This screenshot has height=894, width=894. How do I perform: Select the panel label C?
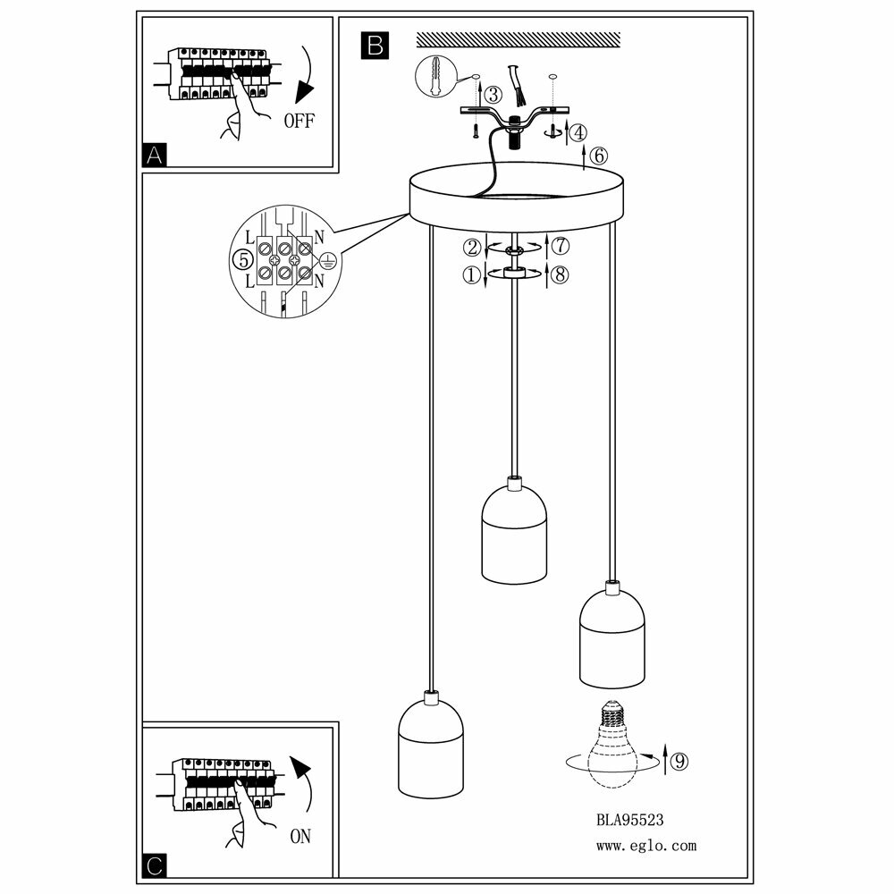[155, 864]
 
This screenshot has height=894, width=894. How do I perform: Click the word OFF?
[299, 121]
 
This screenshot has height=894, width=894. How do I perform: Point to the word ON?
[300, 838]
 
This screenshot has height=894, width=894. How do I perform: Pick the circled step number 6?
[598, 155]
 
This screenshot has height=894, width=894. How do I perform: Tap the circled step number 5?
[240, 260]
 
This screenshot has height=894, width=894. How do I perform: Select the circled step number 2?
[472, 246]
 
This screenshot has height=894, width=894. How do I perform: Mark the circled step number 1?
[471, 275]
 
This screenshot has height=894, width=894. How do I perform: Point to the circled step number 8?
[560, 275]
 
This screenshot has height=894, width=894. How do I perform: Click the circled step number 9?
[679, 762]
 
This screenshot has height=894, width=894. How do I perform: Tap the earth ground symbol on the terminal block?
[328, 260]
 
